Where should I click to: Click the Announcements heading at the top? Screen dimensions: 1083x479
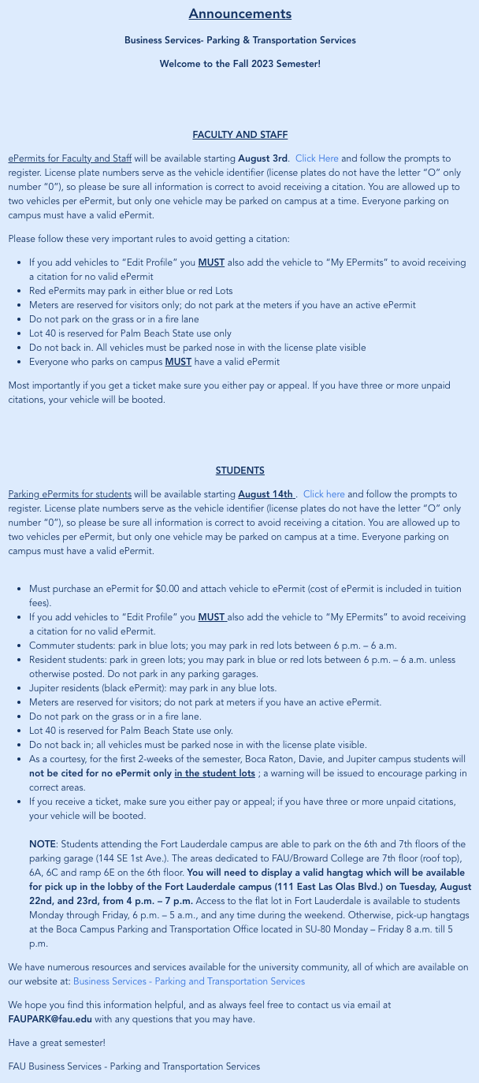[x=239, y=14]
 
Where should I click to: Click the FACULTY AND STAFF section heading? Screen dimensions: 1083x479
[x=239, y=135]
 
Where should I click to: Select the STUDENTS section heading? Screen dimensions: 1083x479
[x=239, y=471]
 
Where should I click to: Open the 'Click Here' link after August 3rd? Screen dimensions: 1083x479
[x=317, y=158]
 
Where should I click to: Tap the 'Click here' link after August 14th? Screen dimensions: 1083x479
[x=324, y=494]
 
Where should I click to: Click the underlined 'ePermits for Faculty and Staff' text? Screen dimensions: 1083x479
[x=69, y=158]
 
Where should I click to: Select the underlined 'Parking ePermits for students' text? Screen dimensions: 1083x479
[x=69, y=494]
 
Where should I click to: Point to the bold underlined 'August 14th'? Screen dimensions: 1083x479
[x=265, y=494]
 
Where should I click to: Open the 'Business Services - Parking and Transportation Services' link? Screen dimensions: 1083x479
[x=188, y=981]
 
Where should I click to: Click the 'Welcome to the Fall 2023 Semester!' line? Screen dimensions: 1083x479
[x=239, y=63]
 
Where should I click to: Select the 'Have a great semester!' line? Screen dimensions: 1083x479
[x=57, y=1043]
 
